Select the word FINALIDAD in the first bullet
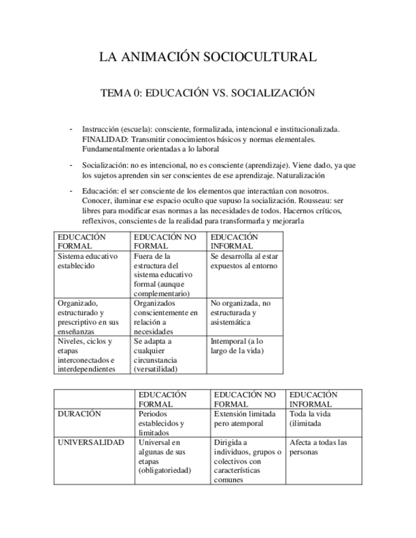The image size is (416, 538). pos(103,138)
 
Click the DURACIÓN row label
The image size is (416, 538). pos(79,414)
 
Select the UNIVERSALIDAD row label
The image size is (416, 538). pos(91,442)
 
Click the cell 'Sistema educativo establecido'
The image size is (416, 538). pos(88,261)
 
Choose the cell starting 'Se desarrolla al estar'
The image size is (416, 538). pos(244,261)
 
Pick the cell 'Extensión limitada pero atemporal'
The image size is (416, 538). pos(245,418)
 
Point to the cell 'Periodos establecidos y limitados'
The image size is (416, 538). pos(161,423)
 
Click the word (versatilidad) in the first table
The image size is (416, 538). pos(156,369)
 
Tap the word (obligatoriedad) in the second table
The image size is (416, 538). pos(164,470)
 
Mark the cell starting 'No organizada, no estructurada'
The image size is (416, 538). pos(241,313)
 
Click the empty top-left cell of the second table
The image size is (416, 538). pos(94,399)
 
